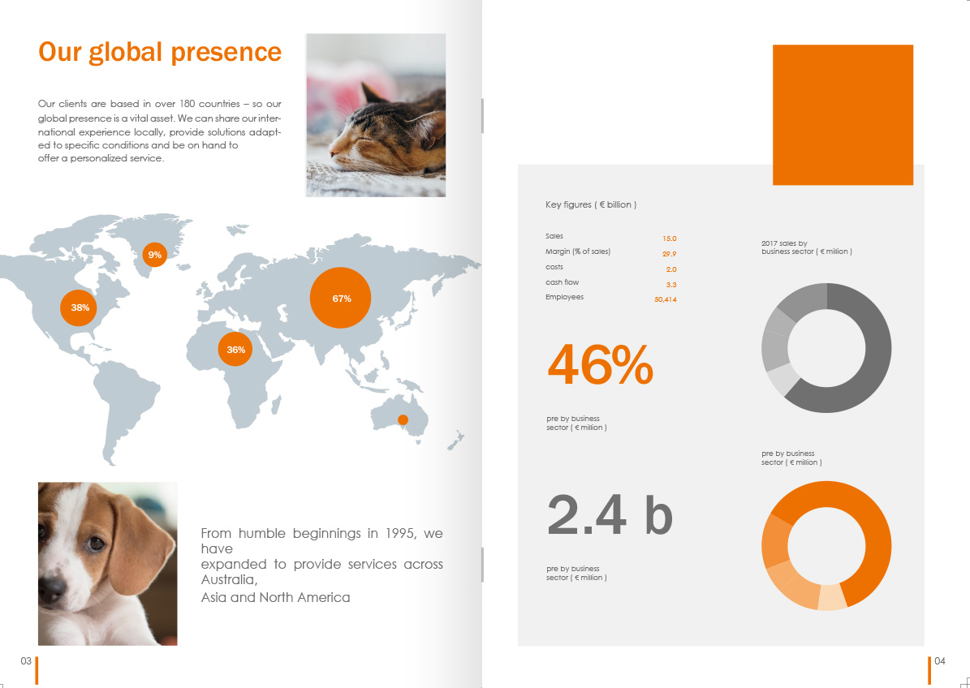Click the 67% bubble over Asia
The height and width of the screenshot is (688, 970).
pos(340,298)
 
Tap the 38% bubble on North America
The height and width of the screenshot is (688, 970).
pos(79,307)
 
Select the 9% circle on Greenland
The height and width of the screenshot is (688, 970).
pos(155,254)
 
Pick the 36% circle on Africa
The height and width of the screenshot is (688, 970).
pos(235,349)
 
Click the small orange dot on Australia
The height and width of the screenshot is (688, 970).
pos(403,419)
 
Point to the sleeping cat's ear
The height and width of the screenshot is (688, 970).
pos(373,95)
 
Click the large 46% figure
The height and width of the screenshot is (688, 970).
pos(600,365)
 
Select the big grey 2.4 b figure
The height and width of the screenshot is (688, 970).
pos(610,515)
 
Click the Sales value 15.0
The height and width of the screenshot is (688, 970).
pos(670,239)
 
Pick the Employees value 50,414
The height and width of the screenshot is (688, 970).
pos(665,300)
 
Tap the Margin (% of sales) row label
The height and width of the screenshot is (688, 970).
pos(578,252)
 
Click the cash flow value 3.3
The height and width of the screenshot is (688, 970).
pos(671,285)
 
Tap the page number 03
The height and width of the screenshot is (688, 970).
pos(26,660)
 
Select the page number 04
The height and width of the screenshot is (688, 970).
pos(940,660)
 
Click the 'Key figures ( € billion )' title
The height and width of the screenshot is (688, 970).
pos(591,204)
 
